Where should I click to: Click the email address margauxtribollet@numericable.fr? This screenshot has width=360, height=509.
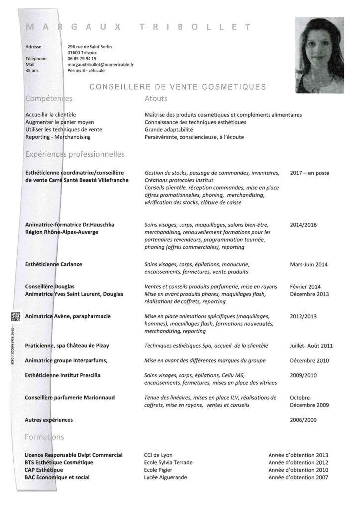(100, 65)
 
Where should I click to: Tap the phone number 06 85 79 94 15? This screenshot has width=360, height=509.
(82, 59)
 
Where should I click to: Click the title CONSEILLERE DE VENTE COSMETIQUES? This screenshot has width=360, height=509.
(178, 87)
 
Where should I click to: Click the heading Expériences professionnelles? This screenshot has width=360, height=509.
(75, 155)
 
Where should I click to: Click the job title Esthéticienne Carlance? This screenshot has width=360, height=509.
(53, 265)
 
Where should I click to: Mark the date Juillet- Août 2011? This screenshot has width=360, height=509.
(311, 345)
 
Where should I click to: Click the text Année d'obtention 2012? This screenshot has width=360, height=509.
(298, 462)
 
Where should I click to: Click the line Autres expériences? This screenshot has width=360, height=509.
(49, 420)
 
